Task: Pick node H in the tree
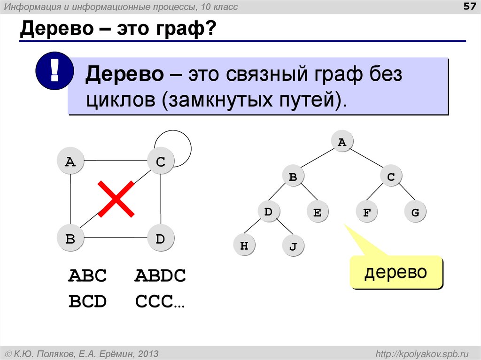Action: pyautogui.click(x=244, y=245)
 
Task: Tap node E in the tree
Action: pyautogui.click(x=317, y=213)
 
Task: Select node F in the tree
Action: pyautogui.click(x=367, y=213)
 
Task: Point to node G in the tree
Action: pyautogui.click(x=415, y=213)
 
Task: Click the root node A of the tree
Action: pyautogui.click(x=342, y=143)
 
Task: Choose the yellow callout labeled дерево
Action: pyautogui.click(x=396, y=272)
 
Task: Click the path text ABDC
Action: pyautogui.click(x=160, y=276)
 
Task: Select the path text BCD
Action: pyautogui.click(x=88, y=301)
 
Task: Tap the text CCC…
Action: pyautogui.click(x=160, y=301)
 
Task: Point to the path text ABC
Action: pyautogui.click(x=88, y=276)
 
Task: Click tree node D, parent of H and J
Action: pyautogui.click(x=268, y=212)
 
